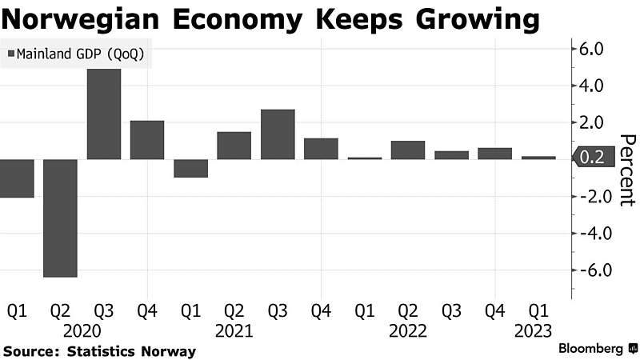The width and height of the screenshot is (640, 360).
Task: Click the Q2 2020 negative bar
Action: [60, 218]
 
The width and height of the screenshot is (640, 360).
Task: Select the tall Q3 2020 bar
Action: [103, 114]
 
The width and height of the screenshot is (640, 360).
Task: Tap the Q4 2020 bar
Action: [146, 140]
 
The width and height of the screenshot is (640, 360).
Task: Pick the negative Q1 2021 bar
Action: [190, 168]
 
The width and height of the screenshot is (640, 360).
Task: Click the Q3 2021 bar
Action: [278, 134]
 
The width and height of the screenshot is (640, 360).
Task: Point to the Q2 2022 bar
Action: [407, 150]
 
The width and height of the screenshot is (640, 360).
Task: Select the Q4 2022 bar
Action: [494, 154]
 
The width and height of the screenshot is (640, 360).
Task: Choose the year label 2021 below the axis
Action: [234, 330]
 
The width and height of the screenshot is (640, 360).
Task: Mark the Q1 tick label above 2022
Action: [364, 309]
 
